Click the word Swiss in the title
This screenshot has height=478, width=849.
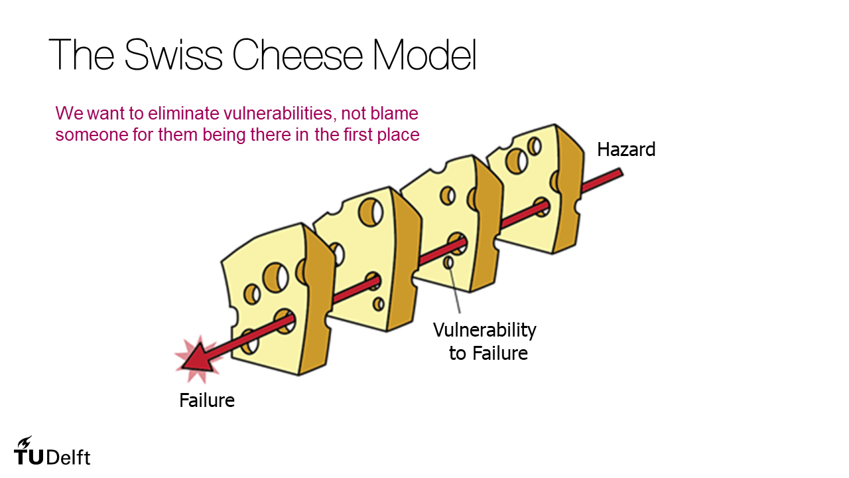coord(173,54)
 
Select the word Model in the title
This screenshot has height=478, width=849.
coord(424,54)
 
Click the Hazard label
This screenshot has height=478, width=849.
coord(626,149)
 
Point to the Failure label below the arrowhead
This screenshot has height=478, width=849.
coord(207,401)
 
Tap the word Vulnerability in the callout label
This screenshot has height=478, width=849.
coord(485,329)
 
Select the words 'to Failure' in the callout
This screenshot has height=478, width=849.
coord(488,353)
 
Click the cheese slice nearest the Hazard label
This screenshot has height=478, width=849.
coord(531,193)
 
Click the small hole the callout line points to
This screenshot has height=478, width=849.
coord(448,263)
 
